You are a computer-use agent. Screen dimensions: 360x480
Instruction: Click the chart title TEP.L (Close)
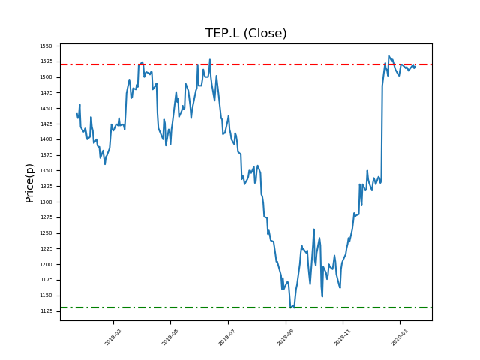click(246, 34)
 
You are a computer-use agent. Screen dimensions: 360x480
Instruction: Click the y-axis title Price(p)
click(30, 182)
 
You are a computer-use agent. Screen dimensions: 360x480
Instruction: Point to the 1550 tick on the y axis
click(46, 46)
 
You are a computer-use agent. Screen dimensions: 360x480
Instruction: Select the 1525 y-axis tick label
click(46, 61)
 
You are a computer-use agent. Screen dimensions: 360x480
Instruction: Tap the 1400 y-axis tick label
click(46, 139)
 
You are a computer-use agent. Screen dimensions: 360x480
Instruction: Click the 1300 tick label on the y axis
click(46, 202)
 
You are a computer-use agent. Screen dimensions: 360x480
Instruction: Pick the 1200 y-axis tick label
click(46, 264)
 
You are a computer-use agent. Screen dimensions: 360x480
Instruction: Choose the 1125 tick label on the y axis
click(46, 311)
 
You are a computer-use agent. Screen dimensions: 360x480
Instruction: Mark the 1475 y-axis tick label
click(46, 93)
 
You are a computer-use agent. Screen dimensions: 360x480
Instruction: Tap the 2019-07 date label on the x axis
click(226, 337)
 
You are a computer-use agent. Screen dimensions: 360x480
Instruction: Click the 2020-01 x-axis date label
click(398, 337)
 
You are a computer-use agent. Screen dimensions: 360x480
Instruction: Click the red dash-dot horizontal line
click(225, 64)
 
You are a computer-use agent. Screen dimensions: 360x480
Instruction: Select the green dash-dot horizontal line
click(225, 307)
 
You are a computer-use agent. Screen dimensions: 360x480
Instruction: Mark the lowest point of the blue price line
click(290, 307)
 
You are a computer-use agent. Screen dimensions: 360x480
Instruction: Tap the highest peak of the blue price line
click(388, 55)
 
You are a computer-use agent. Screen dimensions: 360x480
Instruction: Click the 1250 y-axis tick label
click(46, 233)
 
